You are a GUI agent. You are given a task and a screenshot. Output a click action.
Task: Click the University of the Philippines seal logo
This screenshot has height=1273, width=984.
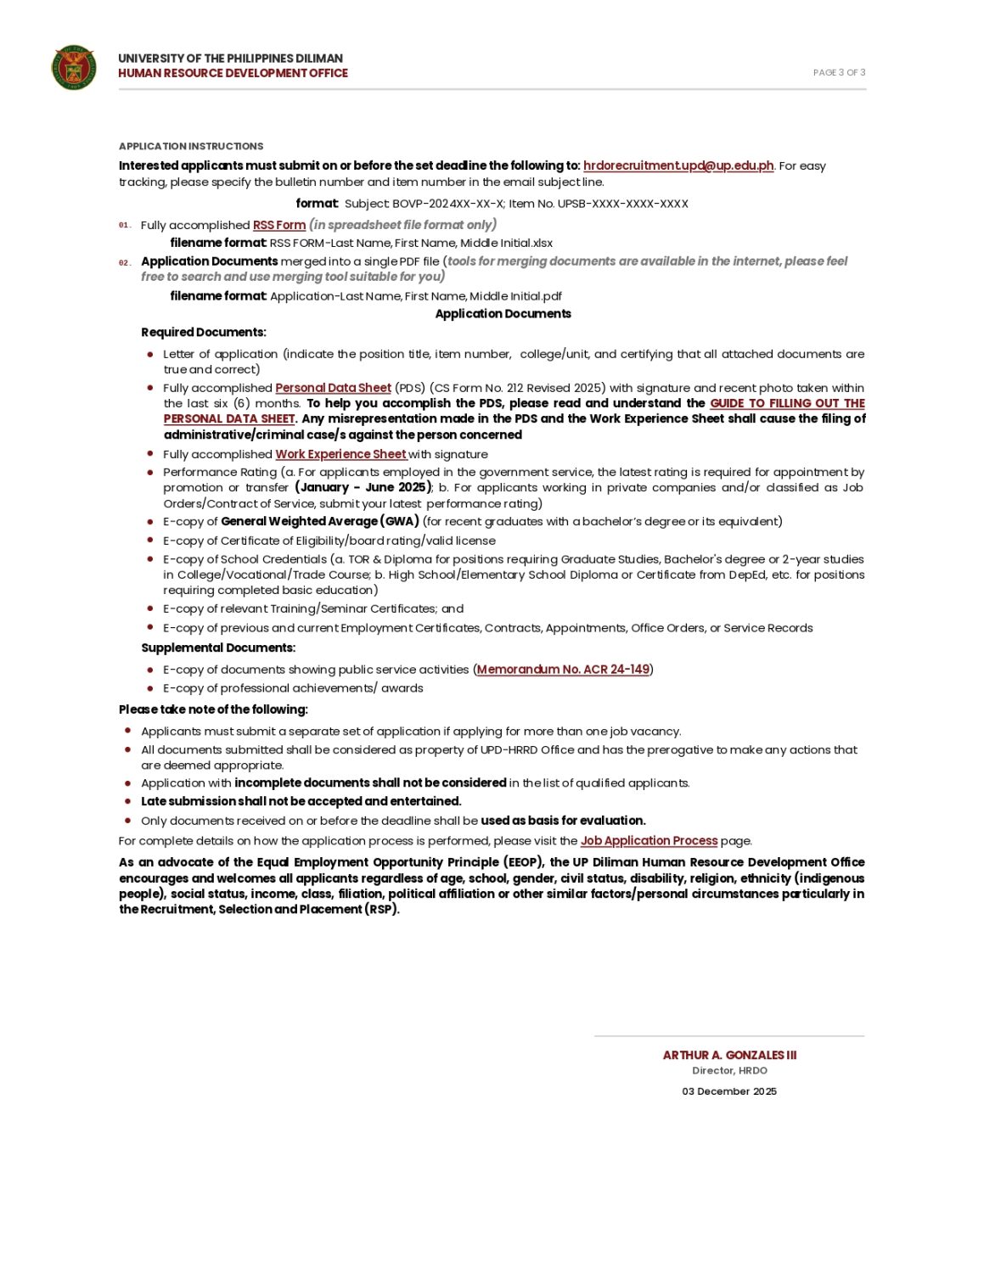click(74, 67)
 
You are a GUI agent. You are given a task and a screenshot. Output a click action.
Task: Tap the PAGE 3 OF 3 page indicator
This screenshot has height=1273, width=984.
click(839, 73)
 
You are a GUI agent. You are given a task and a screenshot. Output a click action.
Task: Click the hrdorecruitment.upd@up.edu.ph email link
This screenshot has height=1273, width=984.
click(678, 165)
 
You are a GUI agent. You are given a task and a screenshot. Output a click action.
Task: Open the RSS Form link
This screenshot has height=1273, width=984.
click(279, 225)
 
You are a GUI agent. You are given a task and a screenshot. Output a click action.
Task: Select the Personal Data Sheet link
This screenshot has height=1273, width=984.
click(333, 388)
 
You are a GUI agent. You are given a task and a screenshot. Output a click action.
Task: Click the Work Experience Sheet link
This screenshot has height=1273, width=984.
click(340, 454)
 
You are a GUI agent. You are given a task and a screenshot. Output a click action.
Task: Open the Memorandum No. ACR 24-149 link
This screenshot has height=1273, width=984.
click(563, 670)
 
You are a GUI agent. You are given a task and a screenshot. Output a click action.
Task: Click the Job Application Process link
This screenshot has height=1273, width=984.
click(649, 841)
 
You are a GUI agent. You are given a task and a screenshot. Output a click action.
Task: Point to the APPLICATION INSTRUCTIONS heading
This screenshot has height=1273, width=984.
click(191, 146)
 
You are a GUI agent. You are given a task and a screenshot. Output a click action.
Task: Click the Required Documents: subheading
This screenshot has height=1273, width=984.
click(204, 332)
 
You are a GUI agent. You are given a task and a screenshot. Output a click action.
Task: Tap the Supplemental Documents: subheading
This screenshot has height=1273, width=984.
click(218, 648)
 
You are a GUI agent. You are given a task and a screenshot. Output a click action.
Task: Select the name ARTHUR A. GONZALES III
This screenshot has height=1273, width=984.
click(729, 1055)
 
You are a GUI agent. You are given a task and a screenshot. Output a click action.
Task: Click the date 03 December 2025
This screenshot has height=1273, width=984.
click(729, 1091)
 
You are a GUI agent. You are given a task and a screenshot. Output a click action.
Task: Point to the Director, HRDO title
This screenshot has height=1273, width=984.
click(729, 1071)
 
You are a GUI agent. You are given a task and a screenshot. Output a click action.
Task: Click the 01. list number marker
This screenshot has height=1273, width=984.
click(125, 226)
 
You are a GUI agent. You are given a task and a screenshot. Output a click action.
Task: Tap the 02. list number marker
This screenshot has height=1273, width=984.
click(125, 263)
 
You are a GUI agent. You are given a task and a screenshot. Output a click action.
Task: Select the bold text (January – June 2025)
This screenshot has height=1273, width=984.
click(363, 487)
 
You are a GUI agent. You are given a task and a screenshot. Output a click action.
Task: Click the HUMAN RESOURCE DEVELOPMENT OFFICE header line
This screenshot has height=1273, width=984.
click(233, 73)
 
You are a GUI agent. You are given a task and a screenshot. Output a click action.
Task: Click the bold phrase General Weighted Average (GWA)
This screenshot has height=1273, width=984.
click(320, 521)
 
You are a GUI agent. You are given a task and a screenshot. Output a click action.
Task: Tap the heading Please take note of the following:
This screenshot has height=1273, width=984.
click(213, 709)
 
